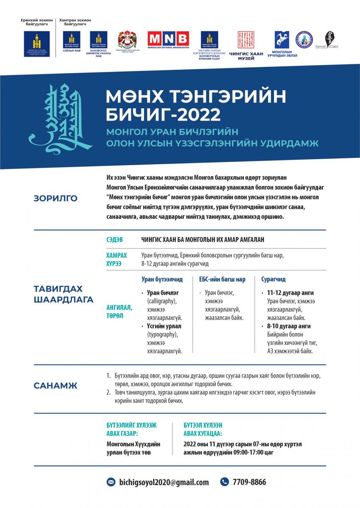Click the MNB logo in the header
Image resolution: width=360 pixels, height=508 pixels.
pyautogui.click(x=168, y=39)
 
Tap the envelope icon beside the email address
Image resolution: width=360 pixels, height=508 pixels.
pyautogui.click(x=111, y=482)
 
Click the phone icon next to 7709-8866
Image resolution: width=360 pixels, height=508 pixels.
pyautogui.click(x=224, y=482)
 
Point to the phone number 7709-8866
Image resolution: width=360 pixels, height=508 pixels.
pyautogui.click(x=249, y=482)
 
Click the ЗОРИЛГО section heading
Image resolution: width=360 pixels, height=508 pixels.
pyautogui.click(x=55, y=198)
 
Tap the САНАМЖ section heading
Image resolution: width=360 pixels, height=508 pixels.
pyautogui.click(x=55, y=386)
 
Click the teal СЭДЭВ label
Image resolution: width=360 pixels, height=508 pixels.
pyautogui.click(x=115, y=240)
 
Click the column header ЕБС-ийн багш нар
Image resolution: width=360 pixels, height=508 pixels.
pyautogui.click(x=222, y=279)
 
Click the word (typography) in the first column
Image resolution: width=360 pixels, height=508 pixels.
pyautogui.click(x=162, y=334)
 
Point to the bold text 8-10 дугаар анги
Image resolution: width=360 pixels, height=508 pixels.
pyautogui.click(x=289, y=326)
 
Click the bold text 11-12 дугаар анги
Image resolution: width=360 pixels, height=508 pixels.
pyautogui.click(x=291, y=293)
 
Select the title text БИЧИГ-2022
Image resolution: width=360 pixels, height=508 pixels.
pyautogui.click(x=163, y=114)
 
